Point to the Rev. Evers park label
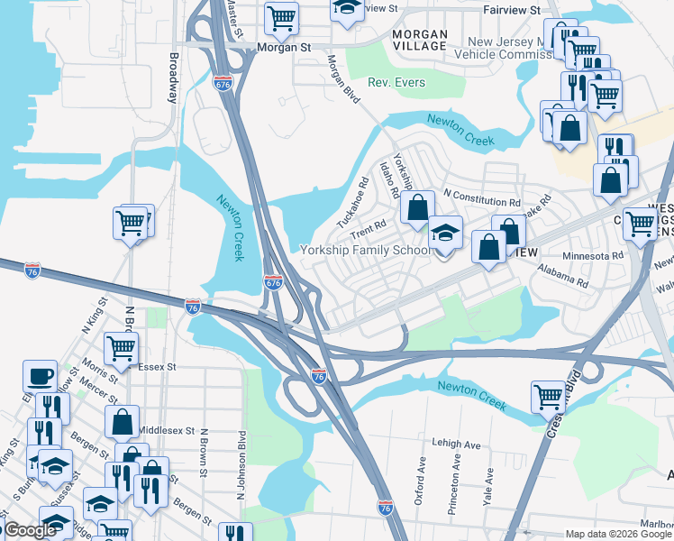pos(396,83)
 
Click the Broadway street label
pos(174,78)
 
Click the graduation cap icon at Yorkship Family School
pos(444,234)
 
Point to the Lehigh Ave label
pos(456,445)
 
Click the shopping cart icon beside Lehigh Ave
pos(548,395)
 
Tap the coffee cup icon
pos(40,375)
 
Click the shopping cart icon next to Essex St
pos(122,347)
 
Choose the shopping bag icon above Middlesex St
pos(122,420)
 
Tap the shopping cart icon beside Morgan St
pos(282,16)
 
